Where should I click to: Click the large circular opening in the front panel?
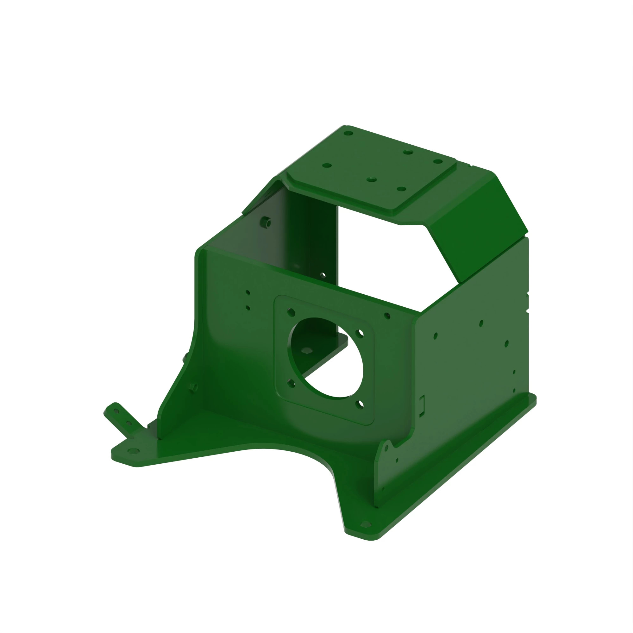(326, 358)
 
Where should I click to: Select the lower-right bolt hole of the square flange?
(361, 404)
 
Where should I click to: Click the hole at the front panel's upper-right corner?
(387, 316)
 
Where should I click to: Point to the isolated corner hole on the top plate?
(348, 133)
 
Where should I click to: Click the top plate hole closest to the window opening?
(401, 189)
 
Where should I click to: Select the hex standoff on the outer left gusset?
(193, 388)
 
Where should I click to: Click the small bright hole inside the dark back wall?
(323, 275)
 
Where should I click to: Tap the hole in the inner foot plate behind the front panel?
(307, 350)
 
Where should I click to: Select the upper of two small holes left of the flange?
(248, 292)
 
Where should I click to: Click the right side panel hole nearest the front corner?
(436, 336)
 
